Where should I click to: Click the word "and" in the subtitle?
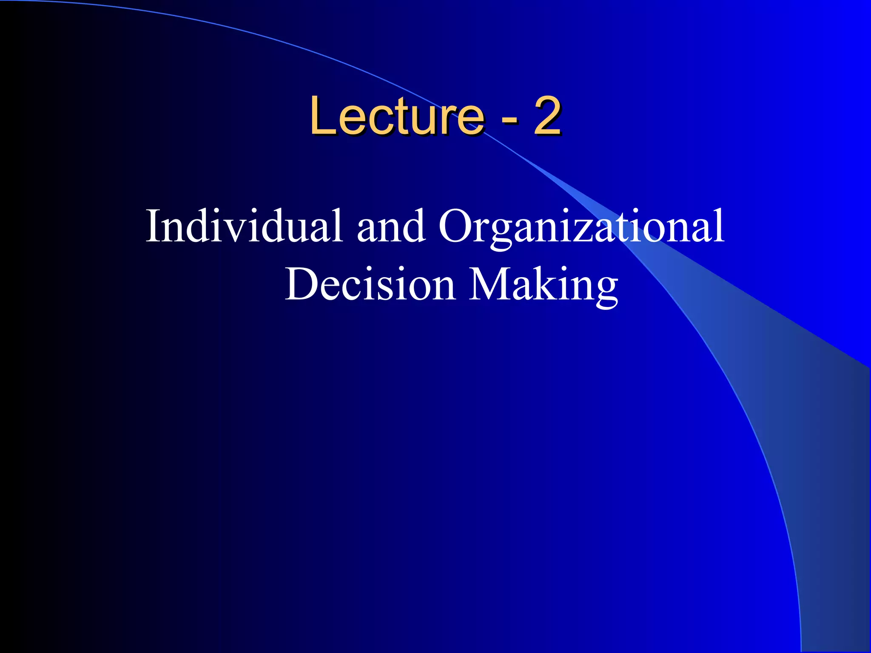tap(391, 226)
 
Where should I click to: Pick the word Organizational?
tap(581, 226)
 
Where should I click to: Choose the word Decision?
tap(370, 284)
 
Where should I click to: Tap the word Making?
tap(543, 284)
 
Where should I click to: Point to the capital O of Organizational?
tap(455, 226)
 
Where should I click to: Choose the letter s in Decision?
tap(393, 289)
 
